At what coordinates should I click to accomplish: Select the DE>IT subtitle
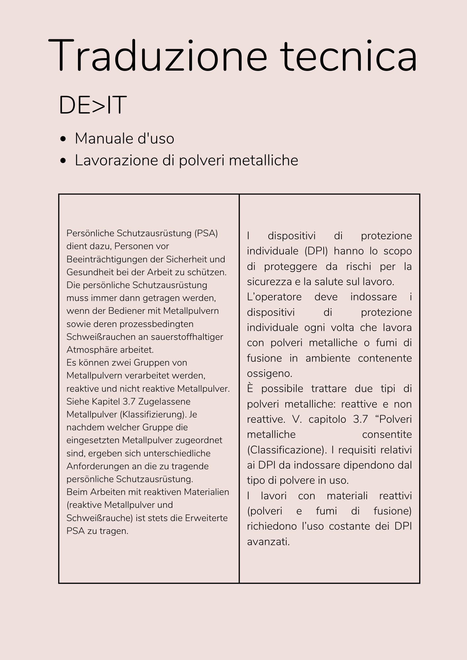click(x=93, y=105)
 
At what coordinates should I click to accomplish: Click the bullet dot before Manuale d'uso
click(x=63, y=139)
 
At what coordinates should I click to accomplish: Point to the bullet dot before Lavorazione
click(x=63, y=161)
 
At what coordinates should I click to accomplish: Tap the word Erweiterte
click(x=206, y=518)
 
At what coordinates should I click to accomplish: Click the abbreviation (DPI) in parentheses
click(x=316, y=251)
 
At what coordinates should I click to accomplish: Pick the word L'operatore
click(x=274, y=297)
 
